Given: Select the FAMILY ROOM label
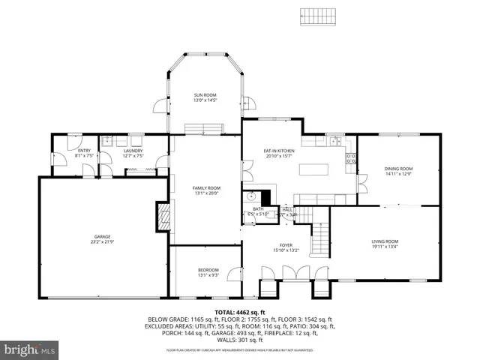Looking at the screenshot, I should click(206, 187).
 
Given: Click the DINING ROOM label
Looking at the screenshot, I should click(398, 169).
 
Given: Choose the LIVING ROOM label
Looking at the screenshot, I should click(385, 241).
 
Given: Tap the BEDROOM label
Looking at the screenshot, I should click(208, 270).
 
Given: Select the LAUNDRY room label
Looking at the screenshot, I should click(133, 151).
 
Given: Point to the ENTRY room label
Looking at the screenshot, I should click(84, 151).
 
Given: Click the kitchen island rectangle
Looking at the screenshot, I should click(314, 169).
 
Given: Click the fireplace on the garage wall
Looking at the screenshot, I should click(163, 216).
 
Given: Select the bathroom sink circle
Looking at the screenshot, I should click(250, 198).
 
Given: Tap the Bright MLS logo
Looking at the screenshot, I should click(30, 349).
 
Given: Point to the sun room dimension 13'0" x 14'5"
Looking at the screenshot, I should click(205, 100).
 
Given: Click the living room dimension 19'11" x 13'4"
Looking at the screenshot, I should click(385, 247).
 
